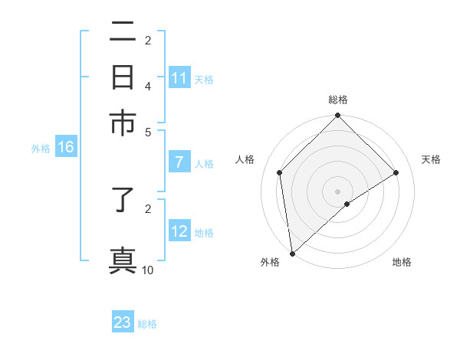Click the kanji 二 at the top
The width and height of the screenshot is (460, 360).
(x=123, y=33)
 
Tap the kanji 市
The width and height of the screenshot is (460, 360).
(x=123, y=123)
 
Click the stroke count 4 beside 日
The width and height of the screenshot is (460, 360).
(x=148, y=87)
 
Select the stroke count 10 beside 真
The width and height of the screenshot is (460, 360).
(x=148, y=270)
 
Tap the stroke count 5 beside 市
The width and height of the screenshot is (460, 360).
(x=148, y=131)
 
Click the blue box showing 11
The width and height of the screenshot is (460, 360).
(x=179, y=78)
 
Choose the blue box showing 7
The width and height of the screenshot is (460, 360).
(x=179, y=162)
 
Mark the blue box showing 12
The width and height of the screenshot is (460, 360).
(x=179, y=231)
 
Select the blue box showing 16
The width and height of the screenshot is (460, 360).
(x=65, y=147)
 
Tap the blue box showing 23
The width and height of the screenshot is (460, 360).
(x=123, y=322)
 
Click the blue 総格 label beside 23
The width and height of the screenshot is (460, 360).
(x=147, y=324)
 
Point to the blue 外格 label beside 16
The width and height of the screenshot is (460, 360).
(x=41, y=149)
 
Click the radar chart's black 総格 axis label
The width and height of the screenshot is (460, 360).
(x=338, y=100)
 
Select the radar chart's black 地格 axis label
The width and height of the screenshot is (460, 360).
(x=402, y=263)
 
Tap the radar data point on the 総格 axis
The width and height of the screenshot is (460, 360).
(x=338, y=116)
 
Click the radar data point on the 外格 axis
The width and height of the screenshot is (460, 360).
(x=292, y=254)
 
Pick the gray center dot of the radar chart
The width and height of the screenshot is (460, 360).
(x=338, y=191)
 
